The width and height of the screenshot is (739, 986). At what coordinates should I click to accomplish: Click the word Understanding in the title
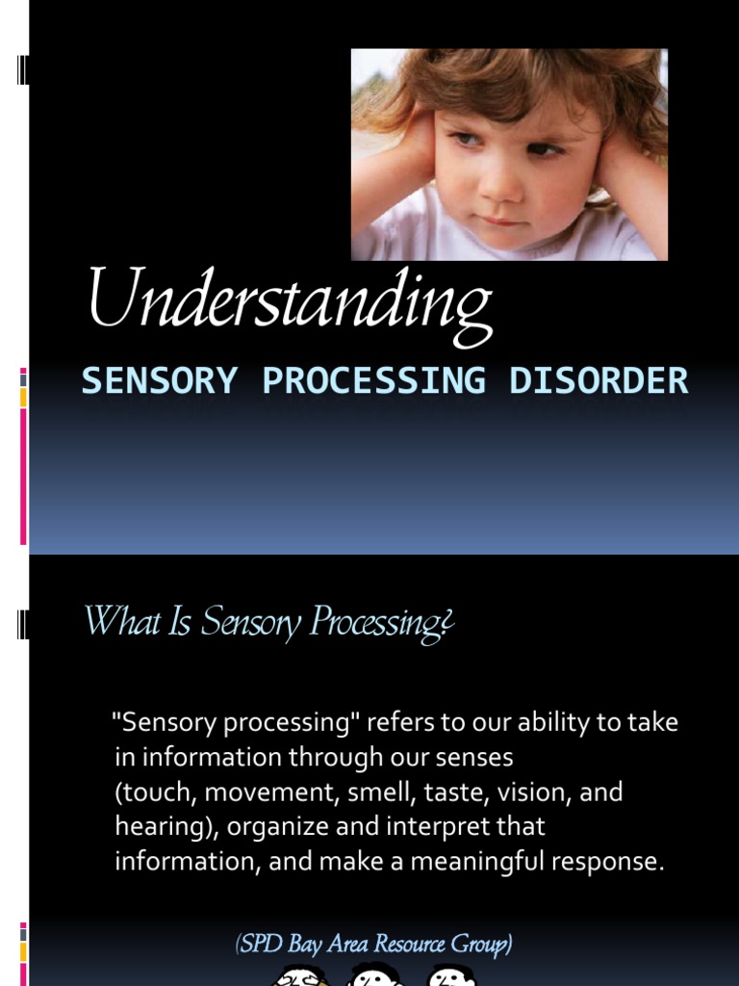coord(290,300)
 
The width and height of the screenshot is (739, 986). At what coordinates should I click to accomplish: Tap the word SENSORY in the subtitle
coord(159,381)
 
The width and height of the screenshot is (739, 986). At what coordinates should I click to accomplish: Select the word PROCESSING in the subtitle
coord(373,381)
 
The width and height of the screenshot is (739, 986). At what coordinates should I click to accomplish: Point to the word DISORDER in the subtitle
coord(599,381)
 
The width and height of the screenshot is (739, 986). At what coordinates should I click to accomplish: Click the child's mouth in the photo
coord(503,221)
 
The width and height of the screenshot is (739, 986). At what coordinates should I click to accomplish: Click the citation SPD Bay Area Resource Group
coord(373,945)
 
